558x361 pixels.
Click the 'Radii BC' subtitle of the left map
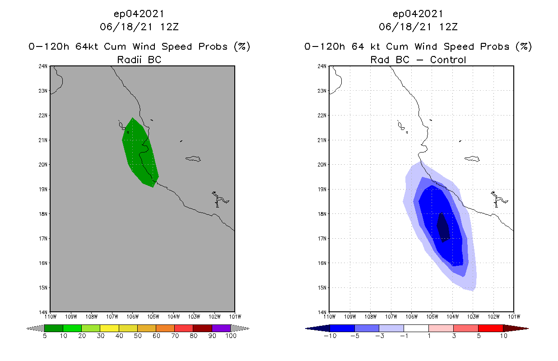coord(139,59)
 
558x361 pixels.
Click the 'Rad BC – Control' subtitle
coord(418,59)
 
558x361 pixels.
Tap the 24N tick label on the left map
coord(43,66)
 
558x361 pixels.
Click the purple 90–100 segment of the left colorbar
coord(221,328)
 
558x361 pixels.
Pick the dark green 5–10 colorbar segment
coord(54,328)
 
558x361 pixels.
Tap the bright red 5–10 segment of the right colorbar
coord(490,328)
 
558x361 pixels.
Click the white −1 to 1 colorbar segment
coord(416,328)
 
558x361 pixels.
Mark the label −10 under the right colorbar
coord(330,337)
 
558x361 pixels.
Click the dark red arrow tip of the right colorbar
coord(515,328)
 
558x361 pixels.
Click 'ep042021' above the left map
coord(139,14)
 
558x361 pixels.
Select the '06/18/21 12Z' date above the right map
coord(418,27)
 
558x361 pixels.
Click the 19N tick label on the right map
coord(322,189)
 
